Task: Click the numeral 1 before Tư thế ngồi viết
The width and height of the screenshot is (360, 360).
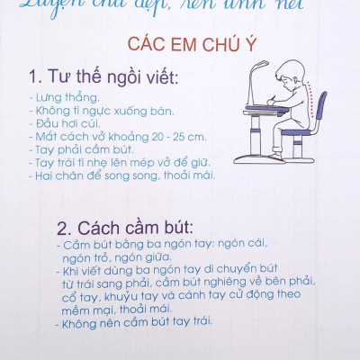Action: click(x=33, y=74)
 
